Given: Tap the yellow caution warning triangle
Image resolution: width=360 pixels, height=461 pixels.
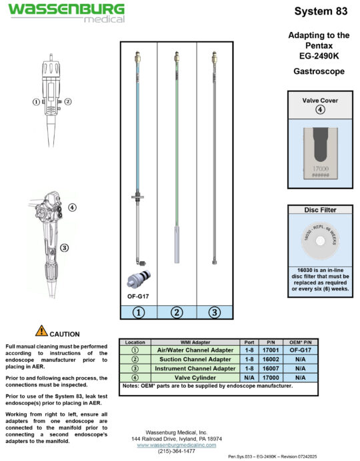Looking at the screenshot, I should pos(41,330).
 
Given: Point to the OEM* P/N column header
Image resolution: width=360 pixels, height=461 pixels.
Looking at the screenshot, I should pos(300,342).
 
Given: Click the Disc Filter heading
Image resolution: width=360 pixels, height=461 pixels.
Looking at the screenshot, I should pos(320,210).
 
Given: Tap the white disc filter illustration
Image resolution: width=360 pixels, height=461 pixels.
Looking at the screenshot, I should pos(320,240).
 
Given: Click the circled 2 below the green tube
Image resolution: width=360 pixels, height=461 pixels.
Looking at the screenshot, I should pos(176,311).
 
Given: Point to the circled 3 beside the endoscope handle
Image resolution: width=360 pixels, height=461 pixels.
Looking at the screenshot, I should pos(65,248).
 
